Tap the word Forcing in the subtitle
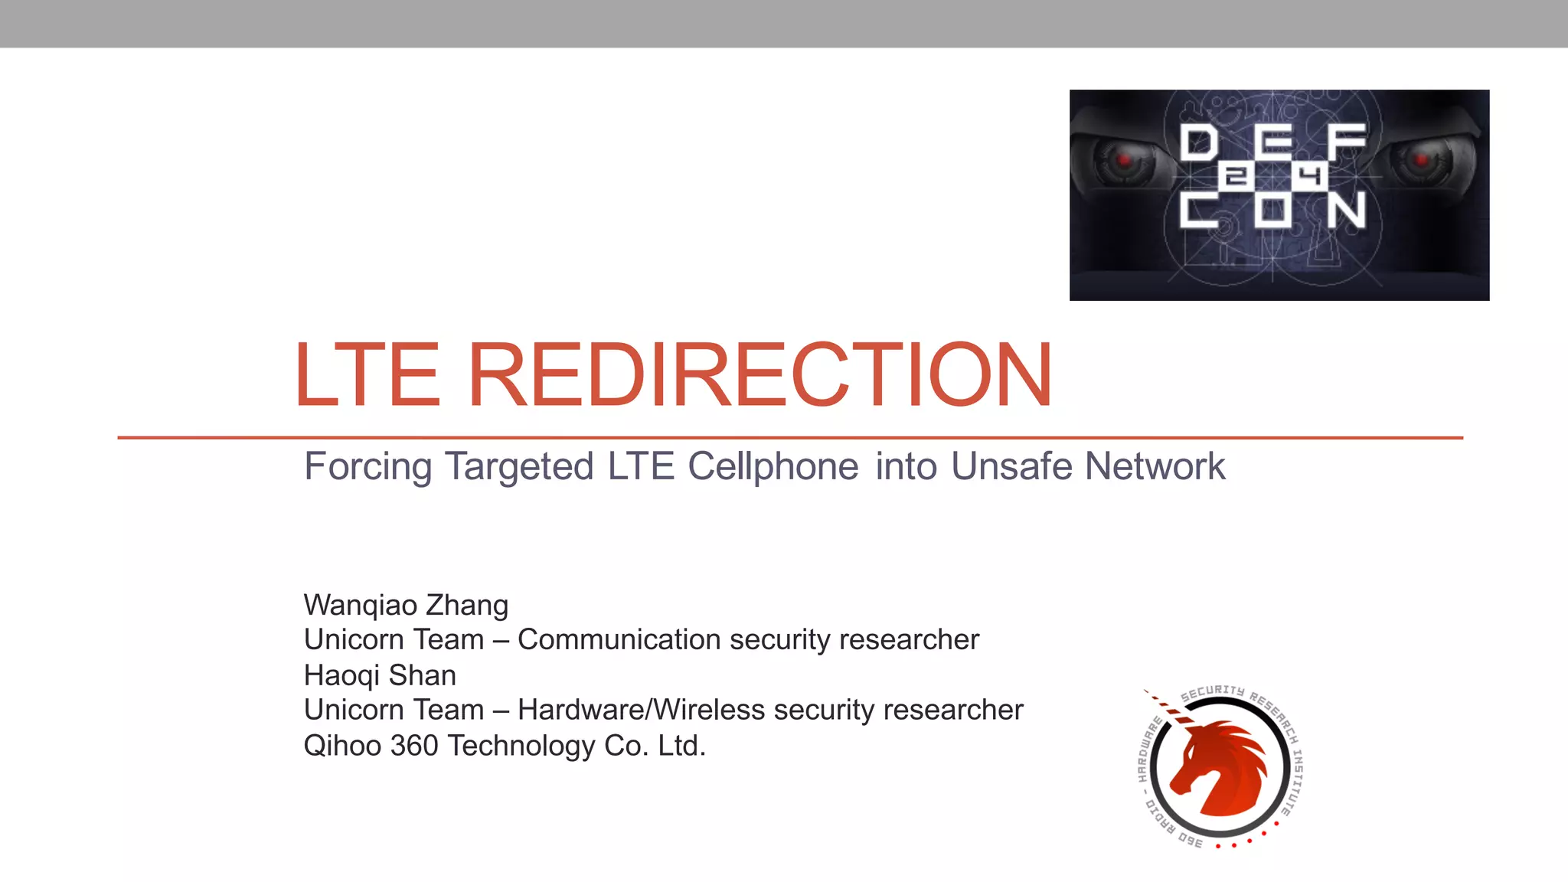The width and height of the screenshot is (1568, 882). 367,466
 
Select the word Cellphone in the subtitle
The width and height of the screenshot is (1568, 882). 773,466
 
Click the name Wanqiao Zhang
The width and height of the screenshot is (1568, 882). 406,605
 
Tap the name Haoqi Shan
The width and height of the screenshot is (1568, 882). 380,675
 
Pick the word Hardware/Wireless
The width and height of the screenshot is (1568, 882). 641,710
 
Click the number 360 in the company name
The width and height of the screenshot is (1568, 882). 414,746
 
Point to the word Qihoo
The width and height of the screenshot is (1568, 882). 342,746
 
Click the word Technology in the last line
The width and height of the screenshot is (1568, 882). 521,746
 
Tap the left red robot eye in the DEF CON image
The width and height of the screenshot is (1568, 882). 1124,160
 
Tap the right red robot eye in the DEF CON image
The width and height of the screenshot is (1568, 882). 1421,160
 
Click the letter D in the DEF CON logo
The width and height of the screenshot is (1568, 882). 1199,143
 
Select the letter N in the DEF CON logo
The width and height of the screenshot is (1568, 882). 1346,210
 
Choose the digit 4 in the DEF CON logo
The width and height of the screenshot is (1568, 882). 1311,177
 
